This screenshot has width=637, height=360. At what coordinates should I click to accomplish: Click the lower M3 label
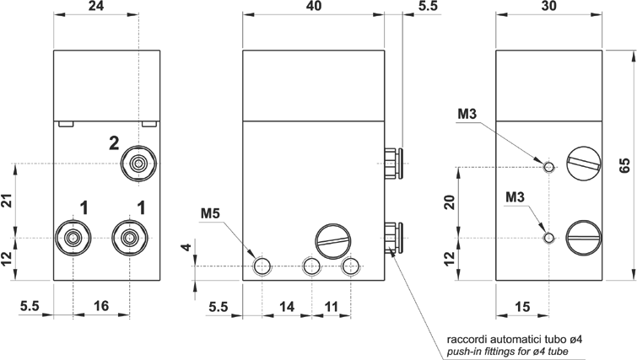click(516, 197)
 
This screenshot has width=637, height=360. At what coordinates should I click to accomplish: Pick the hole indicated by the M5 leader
click(262, 266)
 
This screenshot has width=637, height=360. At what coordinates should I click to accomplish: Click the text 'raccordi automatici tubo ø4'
click(516, 339)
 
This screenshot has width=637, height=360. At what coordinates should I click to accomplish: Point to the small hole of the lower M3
click(549, 238)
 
